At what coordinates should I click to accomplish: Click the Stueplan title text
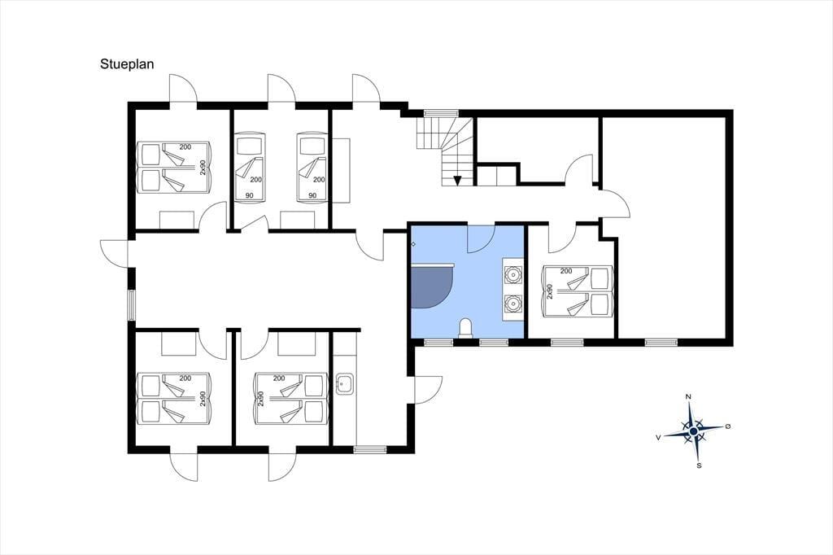127,64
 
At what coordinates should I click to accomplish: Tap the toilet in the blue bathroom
466,328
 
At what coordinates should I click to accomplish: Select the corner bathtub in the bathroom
433,286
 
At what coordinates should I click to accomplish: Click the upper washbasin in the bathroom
512,274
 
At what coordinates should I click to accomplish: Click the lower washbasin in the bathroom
512,304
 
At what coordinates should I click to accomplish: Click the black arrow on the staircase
457,181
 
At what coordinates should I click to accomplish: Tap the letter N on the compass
688,396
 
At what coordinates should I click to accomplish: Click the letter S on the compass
699,465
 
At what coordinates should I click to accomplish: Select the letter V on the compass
658,438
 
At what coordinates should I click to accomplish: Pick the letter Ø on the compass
728,426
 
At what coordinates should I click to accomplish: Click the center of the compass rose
693,430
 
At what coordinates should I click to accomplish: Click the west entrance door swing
114,252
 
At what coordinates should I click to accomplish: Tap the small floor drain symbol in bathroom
413,244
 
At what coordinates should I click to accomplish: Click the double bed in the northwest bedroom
175,167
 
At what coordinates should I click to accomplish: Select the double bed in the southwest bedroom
175,399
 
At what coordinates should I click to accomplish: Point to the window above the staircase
440,112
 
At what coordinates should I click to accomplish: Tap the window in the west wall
132,306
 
